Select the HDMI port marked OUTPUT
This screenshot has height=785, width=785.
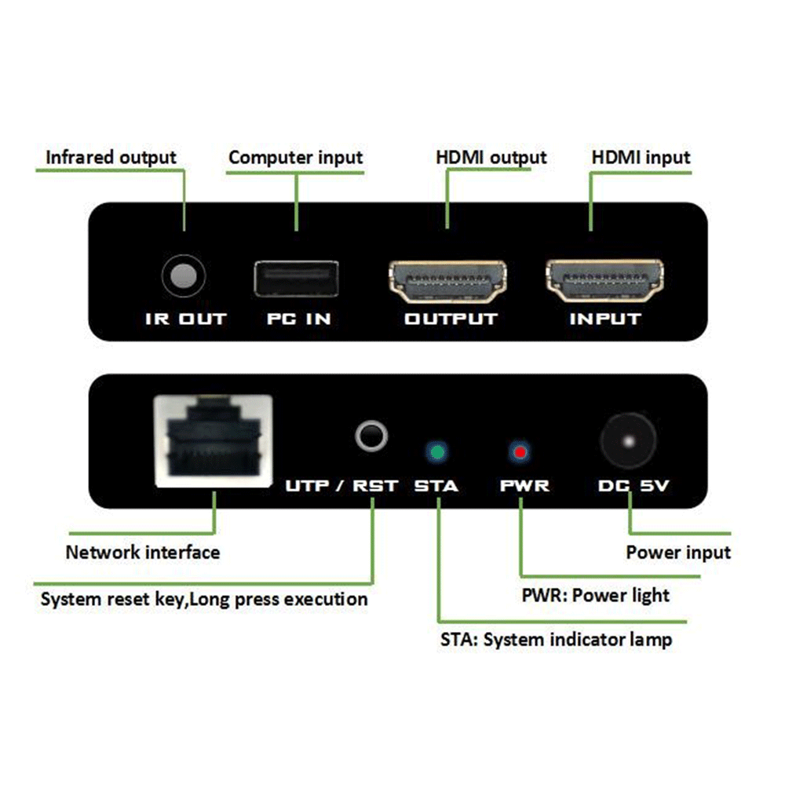(449, 283)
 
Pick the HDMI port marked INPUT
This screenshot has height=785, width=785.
(604, 283)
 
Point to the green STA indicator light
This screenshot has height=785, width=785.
(436, 452)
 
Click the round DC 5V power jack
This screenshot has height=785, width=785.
(629, 441)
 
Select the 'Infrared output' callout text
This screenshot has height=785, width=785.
(111, 158)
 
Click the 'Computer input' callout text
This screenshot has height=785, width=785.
(296, 158)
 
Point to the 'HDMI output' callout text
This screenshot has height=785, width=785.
(491, 158)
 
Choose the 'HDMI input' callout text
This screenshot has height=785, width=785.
(641, 158)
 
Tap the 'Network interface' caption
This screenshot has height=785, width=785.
(143, 552)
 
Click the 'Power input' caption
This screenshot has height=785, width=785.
(678, 553)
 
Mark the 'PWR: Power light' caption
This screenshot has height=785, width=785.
(596, 595)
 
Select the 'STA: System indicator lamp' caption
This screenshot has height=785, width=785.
(556, 640)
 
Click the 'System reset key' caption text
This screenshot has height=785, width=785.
(203, 600)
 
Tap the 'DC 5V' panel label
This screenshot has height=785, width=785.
(633, 486)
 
